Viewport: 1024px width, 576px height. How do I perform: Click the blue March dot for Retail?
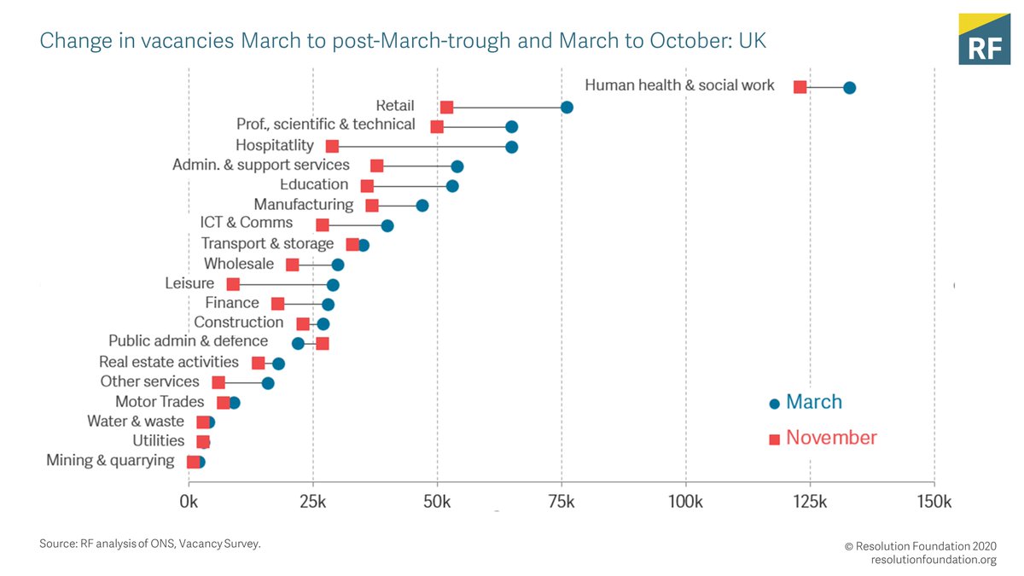click(567, 107)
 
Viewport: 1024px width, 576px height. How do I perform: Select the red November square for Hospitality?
click(332, 147)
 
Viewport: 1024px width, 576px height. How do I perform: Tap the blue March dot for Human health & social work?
click(849, 87)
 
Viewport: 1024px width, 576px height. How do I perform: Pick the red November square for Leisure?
click(233, 284)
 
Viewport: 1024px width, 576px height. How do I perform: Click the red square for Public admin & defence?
click(322, 343)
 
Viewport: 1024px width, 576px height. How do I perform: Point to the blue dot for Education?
click(452, 186)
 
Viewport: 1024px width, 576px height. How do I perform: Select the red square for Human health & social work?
click(800, 86)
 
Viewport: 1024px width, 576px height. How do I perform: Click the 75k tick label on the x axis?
click(561, 501)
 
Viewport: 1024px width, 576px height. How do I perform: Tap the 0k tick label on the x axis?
click(188, 501)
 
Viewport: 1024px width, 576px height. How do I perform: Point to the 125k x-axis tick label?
click(810, 501)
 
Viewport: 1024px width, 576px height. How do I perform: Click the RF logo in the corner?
click(985, 39)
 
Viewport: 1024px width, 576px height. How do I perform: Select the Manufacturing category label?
click(303, 205)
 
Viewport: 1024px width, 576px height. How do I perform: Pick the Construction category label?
click(238, 323)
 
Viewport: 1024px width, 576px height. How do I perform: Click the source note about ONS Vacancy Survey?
click(149, 544)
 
